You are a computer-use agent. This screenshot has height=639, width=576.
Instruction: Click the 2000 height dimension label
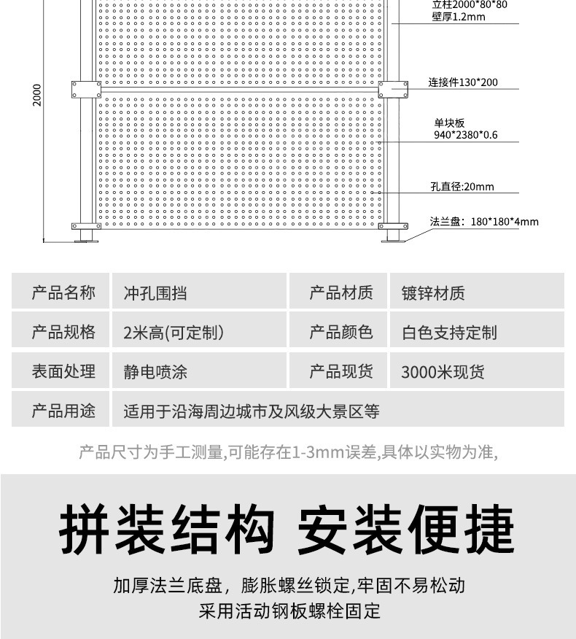pyautogui.click(x=38, y=94)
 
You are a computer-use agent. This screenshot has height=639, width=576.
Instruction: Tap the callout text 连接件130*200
pyautogui.click(x=462, y=82)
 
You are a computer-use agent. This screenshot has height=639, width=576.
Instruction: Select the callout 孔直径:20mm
pyautogui.click(x=462, y=187)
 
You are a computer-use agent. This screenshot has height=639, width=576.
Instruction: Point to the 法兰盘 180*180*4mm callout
pyautogui.click(x=483, y=222)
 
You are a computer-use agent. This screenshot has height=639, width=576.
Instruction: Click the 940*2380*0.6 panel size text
pyautogui.click(x=466, y=135)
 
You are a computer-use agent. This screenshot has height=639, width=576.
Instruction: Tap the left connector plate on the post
pyautogui.click(x=86, y=90)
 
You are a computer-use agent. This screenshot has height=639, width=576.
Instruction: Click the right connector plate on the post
pyautogui.click(x=394, y=90)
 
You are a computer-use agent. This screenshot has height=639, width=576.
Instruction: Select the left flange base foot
pyautogui.click(x=86, y=232)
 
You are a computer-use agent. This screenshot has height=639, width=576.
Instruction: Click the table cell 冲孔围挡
pyautogui.click(x=155, y=293)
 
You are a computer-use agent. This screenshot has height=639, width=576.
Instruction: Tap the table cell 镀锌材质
pyautogui.click(x=433, y=293)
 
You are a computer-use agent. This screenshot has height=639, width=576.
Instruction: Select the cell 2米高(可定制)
pyautogui.click(x=174, y=333)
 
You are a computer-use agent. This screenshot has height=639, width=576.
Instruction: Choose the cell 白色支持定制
pyautogui.click(x=449, y=333)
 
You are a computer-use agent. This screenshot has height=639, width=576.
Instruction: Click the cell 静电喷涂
pyautogui.click(x=155, y=372)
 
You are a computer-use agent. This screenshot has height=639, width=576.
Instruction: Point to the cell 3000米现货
pyautogui.click(x=443, y=372)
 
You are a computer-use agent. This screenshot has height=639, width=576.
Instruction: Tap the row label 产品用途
pyautogui.click(x=63, y=411)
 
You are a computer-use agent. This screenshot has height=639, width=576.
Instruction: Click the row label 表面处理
pyautogui.click(x=63, y=372)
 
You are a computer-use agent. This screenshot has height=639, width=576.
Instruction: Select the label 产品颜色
pyautogui.click(x=340, y=333)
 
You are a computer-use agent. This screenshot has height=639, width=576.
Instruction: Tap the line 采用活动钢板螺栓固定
pyautogui.click(x=289, y=611)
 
